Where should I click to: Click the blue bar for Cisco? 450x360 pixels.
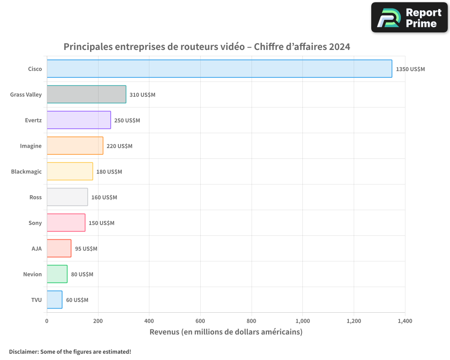point(219,69)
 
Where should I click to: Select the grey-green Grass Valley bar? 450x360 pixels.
point(86,94)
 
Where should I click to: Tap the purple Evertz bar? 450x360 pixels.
point(79,120)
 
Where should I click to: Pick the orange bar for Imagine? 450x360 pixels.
point(75,146)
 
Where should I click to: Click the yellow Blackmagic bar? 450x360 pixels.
point(70,171)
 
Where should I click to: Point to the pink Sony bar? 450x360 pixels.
point(66,223)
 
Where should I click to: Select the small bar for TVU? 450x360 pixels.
point(54,300)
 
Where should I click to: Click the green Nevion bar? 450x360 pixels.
point(57,274)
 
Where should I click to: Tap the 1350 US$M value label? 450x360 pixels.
point(410,69)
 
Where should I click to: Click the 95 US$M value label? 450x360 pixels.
point(86,249)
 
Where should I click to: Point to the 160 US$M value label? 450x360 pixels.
point(104,198)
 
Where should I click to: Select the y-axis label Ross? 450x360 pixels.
point(36,198)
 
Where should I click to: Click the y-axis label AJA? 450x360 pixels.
point(36,249)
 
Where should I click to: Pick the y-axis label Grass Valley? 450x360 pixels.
point(26,95)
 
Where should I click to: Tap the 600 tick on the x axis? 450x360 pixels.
point(200,321)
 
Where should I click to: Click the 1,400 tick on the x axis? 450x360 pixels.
point(405,321)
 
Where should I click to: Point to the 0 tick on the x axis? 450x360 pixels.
point(47,321)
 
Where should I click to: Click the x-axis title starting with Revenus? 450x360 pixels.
point(226,332)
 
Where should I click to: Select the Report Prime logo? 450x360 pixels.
point(409,18)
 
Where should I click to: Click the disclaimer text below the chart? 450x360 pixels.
point(70,351)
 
